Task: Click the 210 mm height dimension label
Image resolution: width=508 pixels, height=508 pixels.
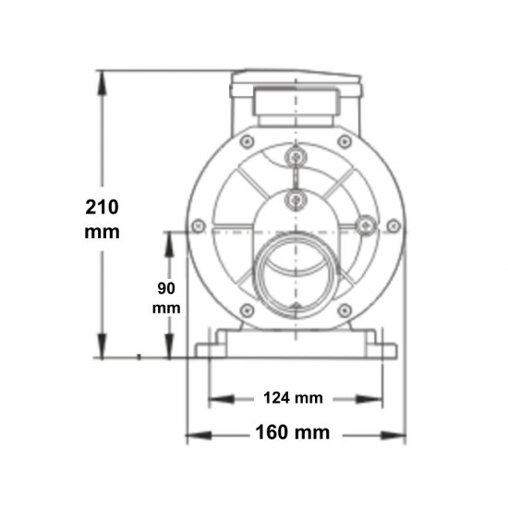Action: pos(102,218)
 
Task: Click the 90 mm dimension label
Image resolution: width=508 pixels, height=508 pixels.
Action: pos(167,296)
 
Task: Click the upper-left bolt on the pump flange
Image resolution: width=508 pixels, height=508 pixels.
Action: pos(247,141)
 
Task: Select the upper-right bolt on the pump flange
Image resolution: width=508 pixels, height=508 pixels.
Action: pos(345,141)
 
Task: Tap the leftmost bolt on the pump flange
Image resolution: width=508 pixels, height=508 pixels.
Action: pos(198,225)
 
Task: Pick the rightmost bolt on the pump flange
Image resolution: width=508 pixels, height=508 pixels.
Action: pos(393,225)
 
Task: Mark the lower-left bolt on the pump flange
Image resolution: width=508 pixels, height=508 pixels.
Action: pos(246,309)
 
